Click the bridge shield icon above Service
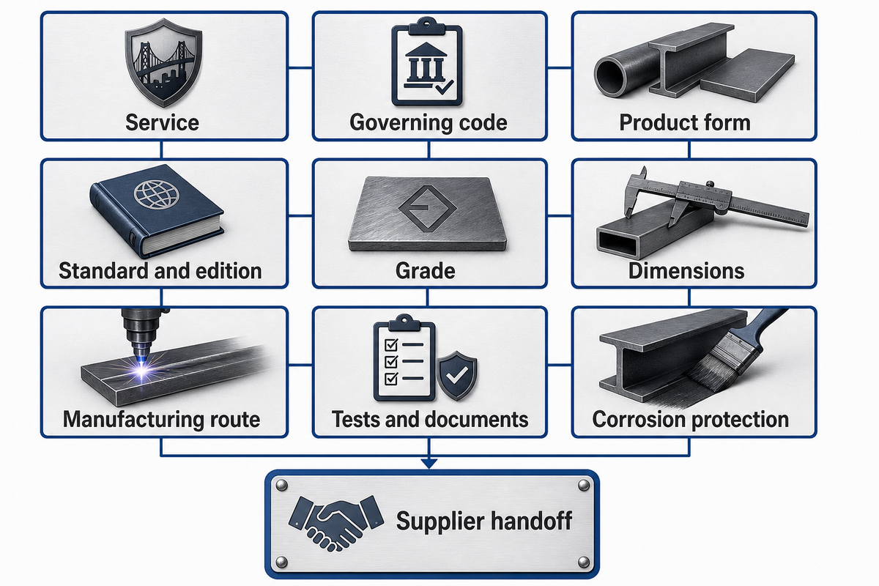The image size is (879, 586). (x=163, y=63)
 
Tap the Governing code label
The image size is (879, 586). (x=428, y=122)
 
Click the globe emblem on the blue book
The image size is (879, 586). (x=157, y=194)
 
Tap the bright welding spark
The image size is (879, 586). (x=142, y=369)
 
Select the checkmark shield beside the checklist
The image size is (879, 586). (x=457, y=375)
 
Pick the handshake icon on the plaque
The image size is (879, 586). (x=336, y=522)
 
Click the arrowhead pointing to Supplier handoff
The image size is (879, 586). (x=429, y=463)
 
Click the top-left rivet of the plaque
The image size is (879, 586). (x=281, y=486)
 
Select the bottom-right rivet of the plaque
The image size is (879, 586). (x=584, y=562)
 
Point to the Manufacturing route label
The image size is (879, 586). (x=161, y=420)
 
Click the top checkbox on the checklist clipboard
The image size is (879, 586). (x=391, y=345)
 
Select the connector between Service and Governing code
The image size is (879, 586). (x=300, y=68)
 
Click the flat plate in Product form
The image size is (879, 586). (x=748, y=75)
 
